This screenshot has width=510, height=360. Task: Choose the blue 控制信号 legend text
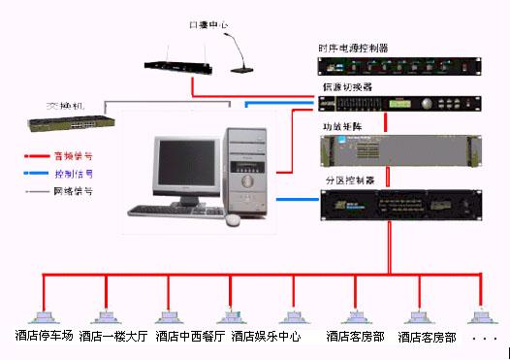[74, 174]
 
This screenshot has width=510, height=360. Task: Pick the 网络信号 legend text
[74, 192]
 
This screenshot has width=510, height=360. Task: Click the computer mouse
[233, 219]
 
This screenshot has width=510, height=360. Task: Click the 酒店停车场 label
[44, 337]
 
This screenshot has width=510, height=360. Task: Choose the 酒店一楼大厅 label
[113, 337]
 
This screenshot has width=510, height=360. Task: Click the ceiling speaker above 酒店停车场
[43, 316]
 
